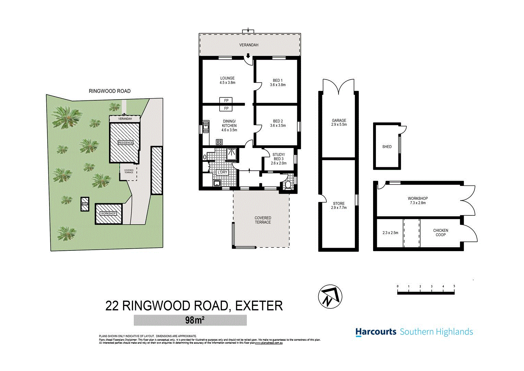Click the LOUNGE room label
(227, 78)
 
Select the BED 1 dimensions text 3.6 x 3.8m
(278, 85)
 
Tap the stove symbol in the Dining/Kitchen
(219, 142)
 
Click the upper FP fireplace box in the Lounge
(226, 101)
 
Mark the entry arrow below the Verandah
(248, 56)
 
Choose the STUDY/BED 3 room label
(278, 157)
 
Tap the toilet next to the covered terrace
(288, 185)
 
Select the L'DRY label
(223, 172)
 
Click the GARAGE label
(339, 120)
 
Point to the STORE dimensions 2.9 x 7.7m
(339, 208)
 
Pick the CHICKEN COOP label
(441, 233)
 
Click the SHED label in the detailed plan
(387, 147)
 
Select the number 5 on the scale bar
(454, 286)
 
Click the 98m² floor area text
(194, 320)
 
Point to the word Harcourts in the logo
(376, 332)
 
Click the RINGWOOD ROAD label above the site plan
(109, 91)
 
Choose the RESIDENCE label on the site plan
(125, 143)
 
